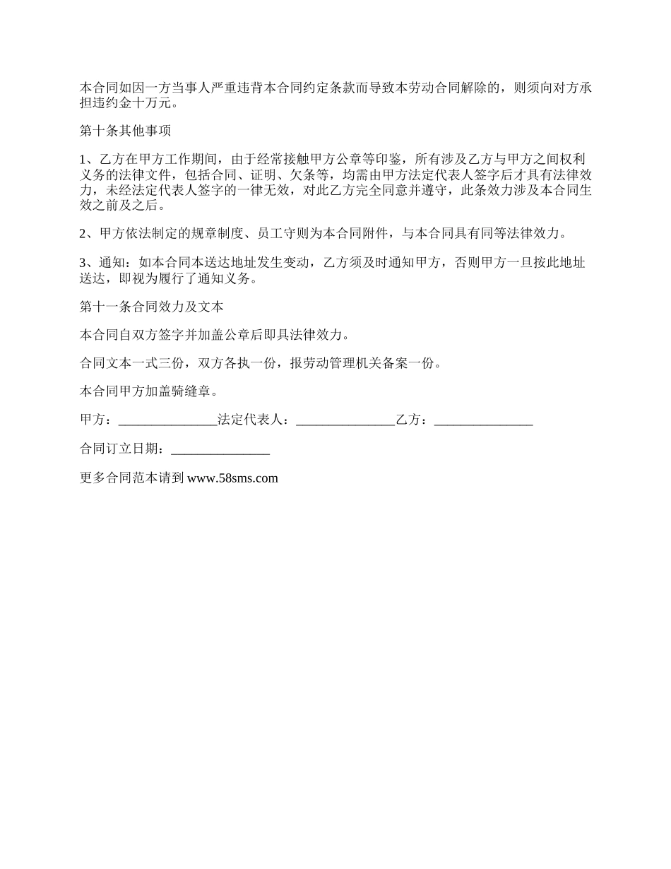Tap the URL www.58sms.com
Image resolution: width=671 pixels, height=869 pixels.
(x=233, y=478)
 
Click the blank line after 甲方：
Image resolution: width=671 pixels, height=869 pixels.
(x=168, y=421)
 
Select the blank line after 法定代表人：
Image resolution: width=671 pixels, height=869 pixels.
(x=345, y=421)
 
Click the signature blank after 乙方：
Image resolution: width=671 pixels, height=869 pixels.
(x=483, y=421)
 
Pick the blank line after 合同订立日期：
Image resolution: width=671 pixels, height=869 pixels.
(x=220, y=449)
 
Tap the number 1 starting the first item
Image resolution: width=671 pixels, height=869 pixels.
(x=83, y=160)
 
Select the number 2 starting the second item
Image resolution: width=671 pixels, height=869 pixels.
(x=83, y=234)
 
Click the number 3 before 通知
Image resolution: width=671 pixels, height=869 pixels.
(x=83, y=264)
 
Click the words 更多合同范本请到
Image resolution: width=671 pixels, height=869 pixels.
(x=133, y=478)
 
